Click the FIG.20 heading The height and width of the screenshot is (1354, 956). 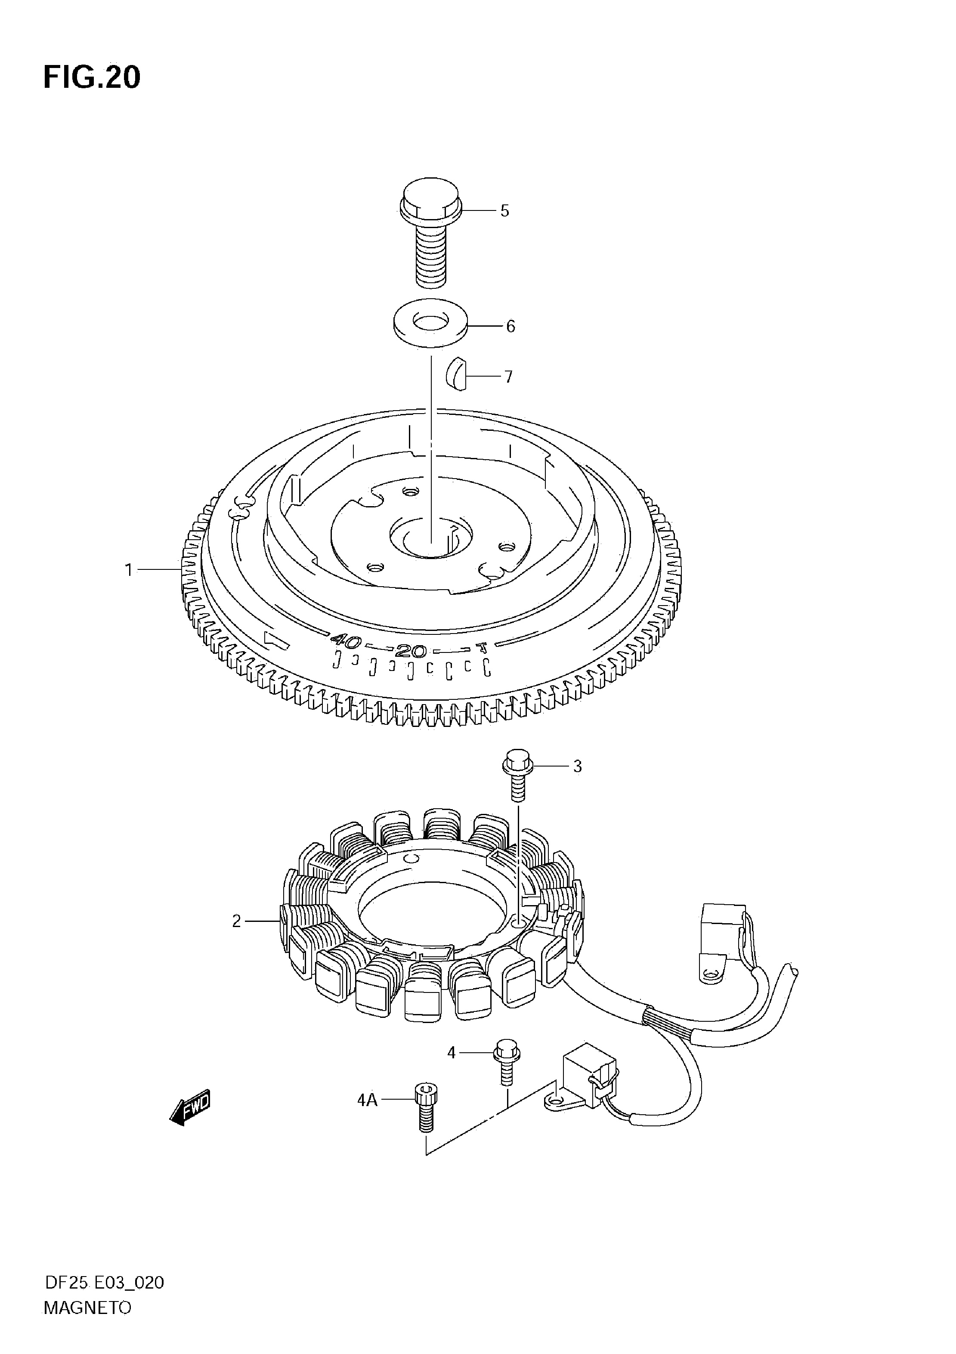point(92,77)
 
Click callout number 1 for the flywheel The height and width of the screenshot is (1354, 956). point(129,570)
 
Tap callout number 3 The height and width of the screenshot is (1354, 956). point(577,766)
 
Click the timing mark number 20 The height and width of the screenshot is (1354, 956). point(411,651)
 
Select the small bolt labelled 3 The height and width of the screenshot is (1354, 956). point(518,774)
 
